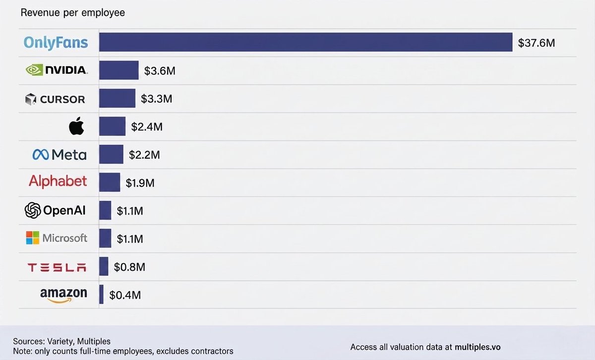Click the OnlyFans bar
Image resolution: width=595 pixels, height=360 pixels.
306,42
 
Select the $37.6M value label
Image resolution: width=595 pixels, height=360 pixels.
536,43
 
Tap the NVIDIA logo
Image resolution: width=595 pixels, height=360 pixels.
57,70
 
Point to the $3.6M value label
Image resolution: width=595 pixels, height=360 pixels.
160,71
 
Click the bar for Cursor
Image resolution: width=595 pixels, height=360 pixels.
117,98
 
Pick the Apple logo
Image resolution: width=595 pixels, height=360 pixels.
76,125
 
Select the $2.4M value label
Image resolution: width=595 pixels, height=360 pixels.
147,127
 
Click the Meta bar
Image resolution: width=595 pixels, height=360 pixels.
111,154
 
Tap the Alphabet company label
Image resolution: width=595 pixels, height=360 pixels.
58,181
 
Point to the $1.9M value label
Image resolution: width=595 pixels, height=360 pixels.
140,183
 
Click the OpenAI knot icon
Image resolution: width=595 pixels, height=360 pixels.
33,210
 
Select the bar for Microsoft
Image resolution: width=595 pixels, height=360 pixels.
105,239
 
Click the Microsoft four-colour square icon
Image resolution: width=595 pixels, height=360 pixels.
33,238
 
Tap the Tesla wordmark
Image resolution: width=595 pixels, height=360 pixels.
57,268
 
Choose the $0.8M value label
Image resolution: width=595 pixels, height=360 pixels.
129,267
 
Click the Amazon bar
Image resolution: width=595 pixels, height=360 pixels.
101,295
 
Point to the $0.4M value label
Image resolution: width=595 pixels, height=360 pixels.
125,295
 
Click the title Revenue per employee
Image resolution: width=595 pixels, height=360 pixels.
73,13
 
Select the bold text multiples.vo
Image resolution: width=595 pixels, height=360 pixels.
477,347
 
